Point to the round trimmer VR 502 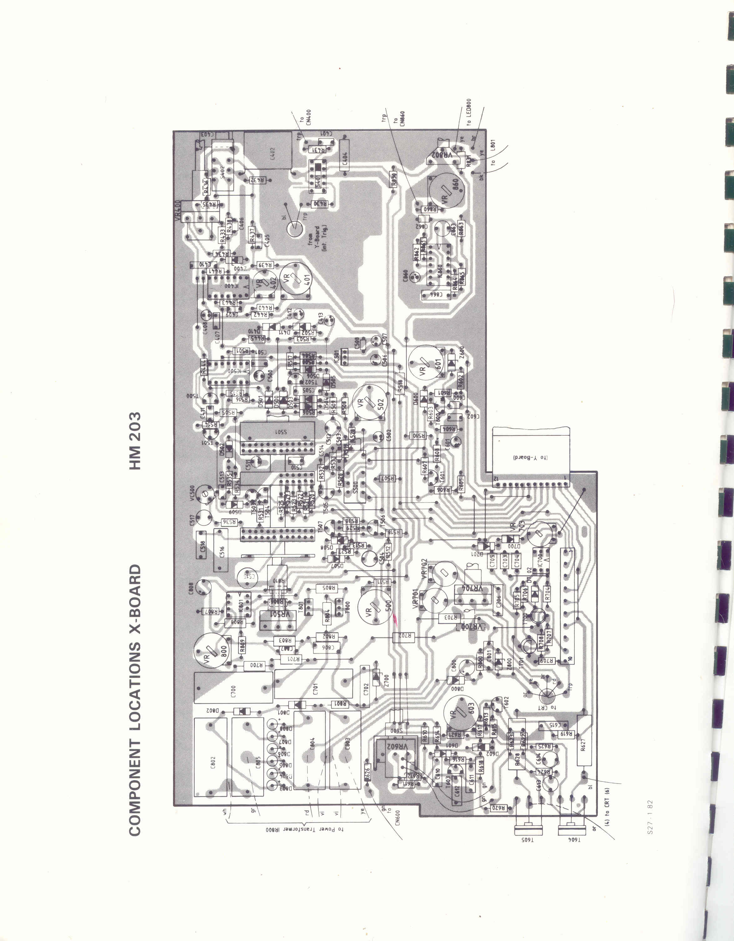coord(369,402)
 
